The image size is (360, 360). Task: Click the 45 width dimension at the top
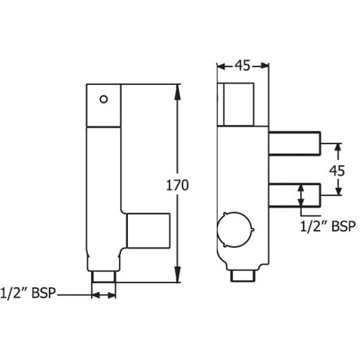(x=242, y=65)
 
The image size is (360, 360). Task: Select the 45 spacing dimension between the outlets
(x=337, y=170)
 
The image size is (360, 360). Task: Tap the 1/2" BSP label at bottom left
(x=29, y=293)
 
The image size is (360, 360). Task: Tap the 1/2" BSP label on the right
(x=326, y=226)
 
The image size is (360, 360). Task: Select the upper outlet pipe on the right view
(x=295, y=143)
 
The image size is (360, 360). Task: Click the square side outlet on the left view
(x=148, y=231)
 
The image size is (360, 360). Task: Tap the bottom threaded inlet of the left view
(x=105, y=276)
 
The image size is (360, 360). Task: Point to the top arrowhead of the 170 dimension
(x=178, y=88)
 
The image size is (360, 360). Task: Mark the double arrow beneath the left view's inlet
(x=105, y=294)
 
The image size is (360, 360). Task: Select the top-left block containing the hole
(x=103, y=104)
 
